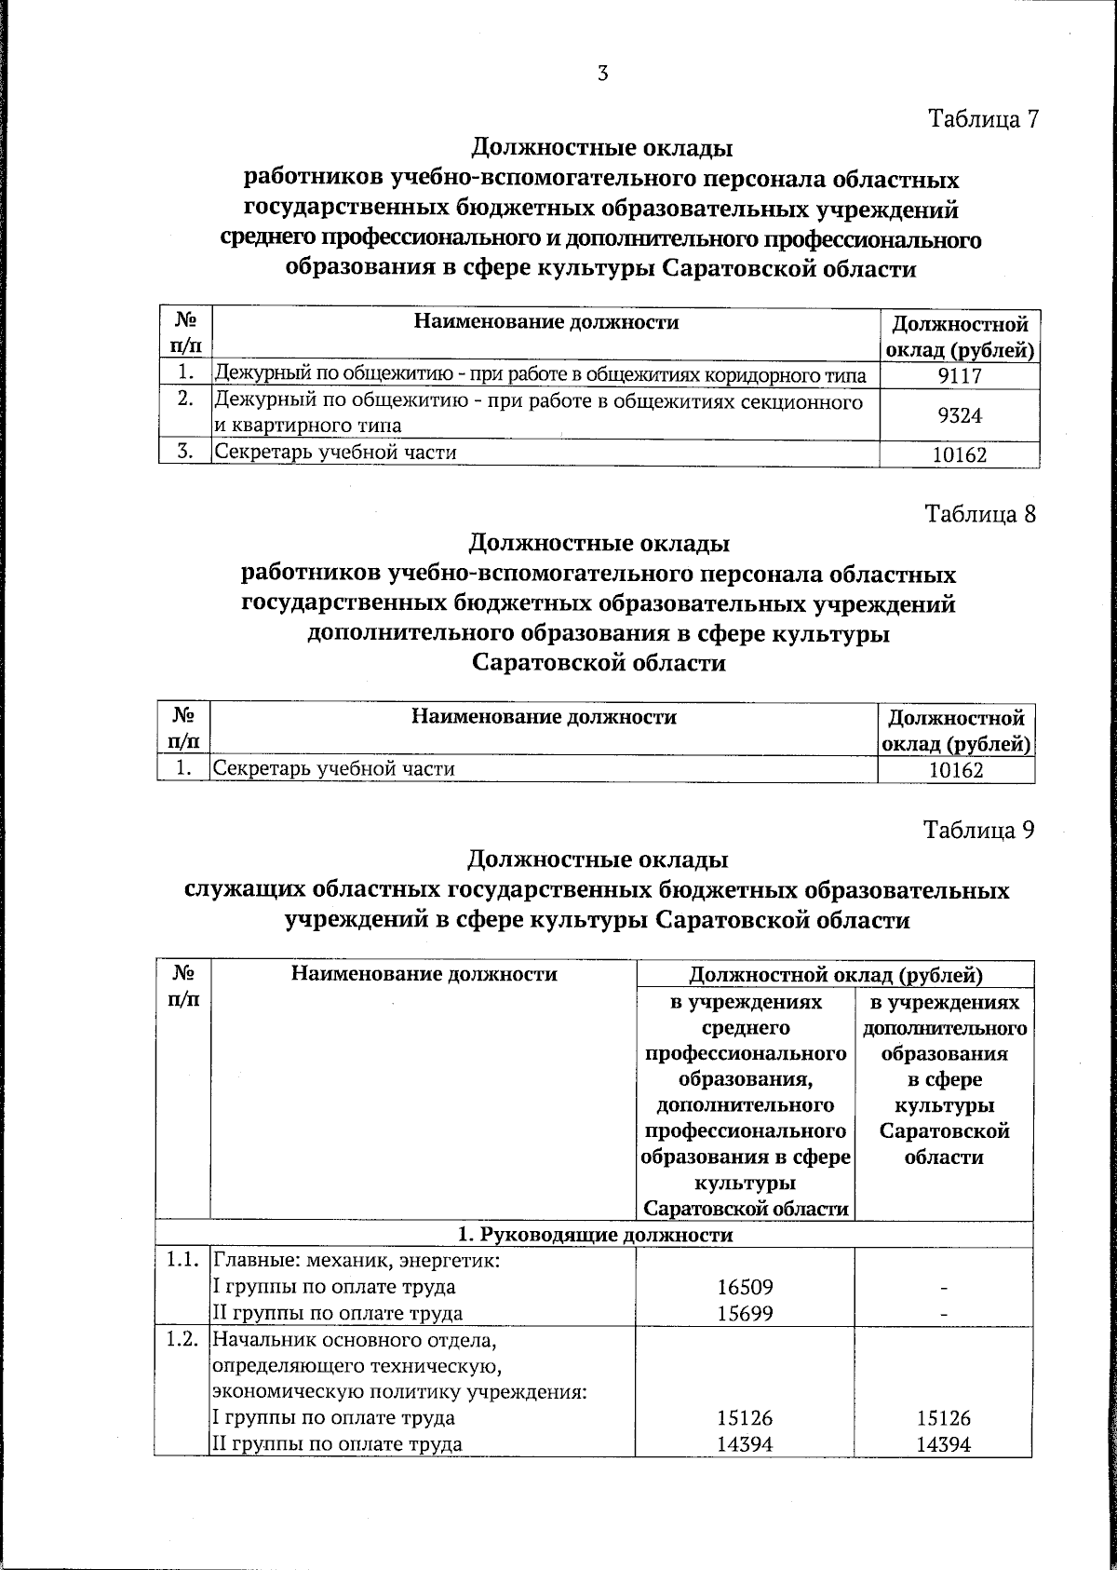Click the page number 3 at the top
(x=603, y=74)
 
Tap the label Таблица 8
(x=979, y=513)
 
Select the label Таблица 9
(x=978, y=829)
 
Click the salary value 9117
(x=960, y=376)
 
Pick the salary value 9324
(x=960, y=415)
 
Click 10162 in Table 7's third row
(x=960, y=455)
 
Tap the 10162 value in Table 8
(x=956, y=770)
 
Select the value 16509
(x=746, y=1287)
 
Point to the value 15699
(x=746, y=1313)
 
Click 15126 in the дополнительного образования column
(x=943, y=1418)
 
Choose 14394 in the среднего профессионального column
(x=746, y=1444)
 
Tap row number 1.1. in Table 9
(x=183, y=1262)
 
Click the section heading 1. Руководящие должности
(x=596, y=1235)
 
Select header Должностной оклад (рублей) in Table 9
(x=835, y=975)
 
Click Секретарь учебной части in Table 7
(x=336, y=453)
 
